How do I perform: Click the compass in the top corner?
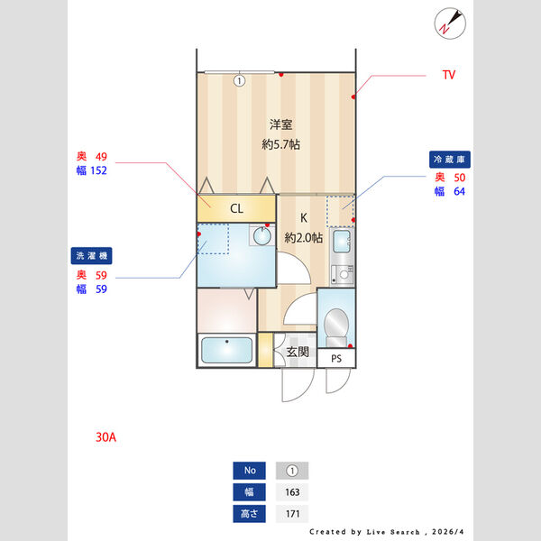[x=450, y=23]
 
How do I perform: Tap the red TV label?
[x=449, y=75]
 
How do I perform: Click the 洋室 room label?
[x=280, y=124]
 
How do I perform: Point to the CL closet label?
[x=236, y=208]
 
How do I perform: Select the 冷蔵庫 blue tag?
[x=450, y=160]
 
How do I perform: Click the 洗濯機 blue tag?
[x=91, y=256]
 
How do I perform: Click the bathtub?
[x=226, y=350]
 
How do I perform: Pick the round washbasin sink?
[x=262, y=236]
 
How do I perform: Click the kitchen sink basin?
[x=342, y=241]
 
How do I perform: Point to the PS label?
[x=336, y=359]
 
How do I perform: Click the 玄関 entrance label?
[x=298, y=352]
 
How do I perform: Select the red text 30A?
[x=105, y=437]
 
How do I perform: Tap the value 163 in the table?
[x=292, y=492]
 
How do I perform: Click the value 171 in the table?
[x=292, y=514]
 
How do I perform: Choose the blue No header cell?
[x=250, y=471]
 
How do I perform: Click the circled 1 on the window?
[x=240, y=81]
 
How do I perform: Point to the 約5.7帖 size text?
[x=280, y=144]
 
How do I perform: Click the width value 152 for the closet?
[x=98, y=170]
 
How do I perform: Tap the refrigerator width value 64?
[x=459, y=191]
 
